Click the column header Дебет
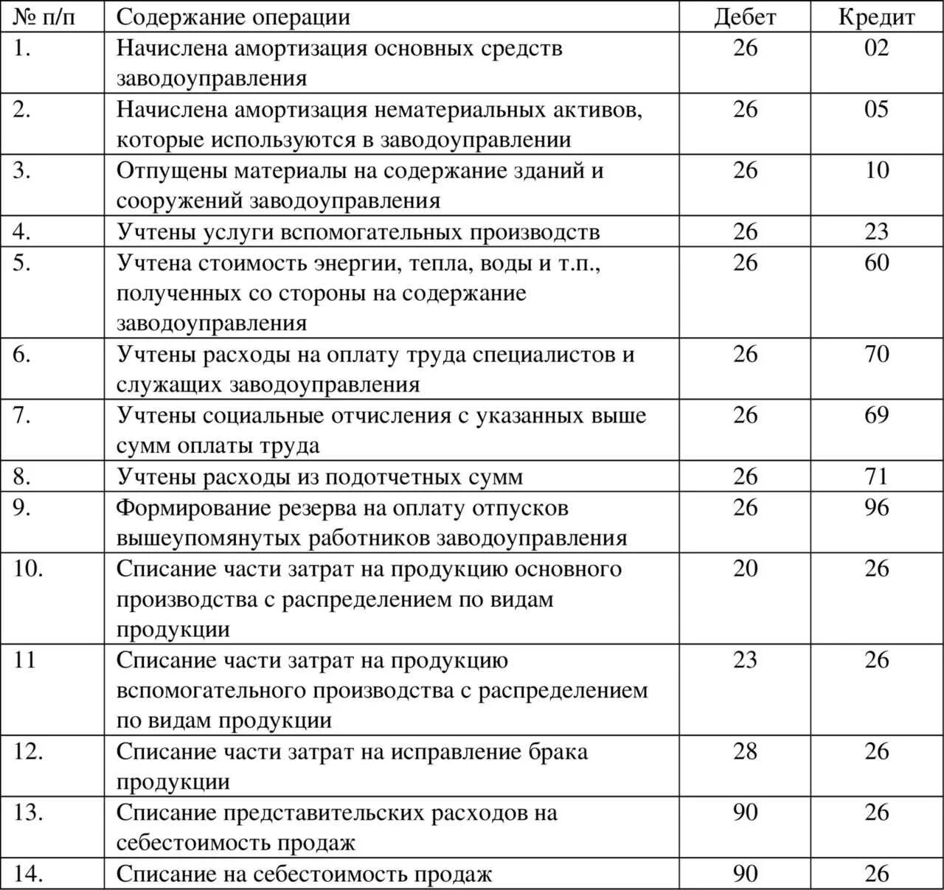coord(745,17)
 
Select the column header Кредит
coord(876,17)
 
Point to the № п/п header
coord(44,17)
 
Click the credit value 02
coord(876,48)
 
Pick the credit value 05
coord(876,109)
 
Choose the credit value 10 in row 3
coord(876,170)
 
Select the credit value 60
coord(876,263)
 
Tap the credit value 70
coord(876,354)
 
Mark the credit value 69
coord(876,415)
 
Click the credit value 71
coord(876,476)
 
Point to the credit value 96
coord(876,507)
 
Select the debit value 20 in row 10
coord(745,569)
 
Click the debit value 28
coord(745,751)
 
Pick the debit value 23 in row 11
coord(745,659)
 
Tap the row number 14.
coord(28,874)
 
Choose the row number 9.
coord(22,507)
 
